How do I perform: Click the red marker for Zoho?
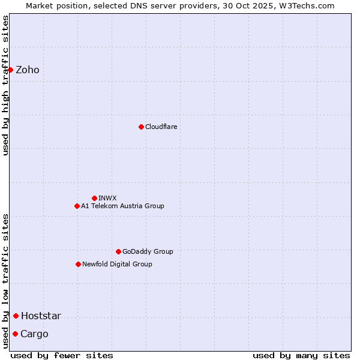click(10, 70)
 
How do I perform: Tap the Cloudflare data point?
click(141, 127)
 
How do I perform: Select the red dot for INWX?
click(94, 198)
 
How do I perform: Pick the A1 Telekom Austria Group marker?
click(77, 206)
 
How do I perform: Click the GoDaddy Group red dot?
click(118, 251)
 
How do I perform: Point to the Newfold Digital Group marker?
click(78, 264)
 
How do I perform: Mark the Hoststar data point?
click(16, 316)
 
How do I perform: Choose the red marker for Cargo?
click(15, 334)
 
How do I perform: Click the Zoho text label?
click(28, 70)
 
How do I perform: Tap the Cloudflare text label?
click(161, 127)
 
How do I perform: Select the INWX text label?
click(107, 198)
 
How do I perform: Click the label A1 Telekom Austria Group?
click(122, 206)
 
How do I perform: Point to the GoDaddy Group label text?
click(148, 251)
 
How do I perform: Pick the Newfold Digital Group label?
click(117, 264)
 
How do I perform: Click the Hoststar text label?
click(41, 316)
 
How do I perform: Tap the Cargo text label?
click(34, 334)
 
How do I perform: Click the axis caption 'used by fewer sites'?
click(62, 355)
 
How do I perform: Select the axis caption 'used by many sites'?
click(301, 355)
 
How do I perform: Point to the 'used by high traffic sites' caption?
click(5, 85)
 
